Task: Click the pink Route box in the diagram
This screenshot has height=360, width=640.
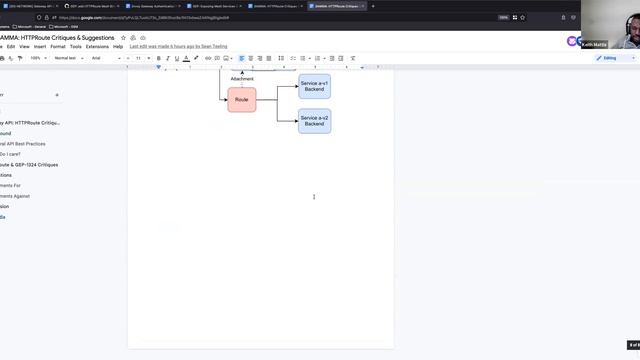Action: pyautogui.click(x=241, y=100)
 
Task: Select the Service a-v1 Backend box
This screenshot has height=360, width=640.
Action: pyautogui.click(x=314, y=87)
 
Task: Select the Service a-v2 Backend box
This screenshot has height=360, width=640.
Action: pyautogui.click(x=314, y=121)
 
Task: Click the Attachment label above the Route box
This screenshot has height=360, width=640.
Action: pyautogui.click(x=242, y=78)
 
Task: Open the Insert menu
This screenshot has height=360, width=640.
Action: pyautogui.click(x=40, y=46)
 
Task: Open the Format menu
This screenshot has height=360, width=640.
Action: pyautogui.click(x=58, y=46)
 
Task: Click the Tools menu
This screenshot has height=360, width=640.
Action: pyautogui.click(x=76, y=46)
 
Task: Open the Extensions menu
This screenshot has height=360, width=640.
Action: pyautogui.click(x=97, y=46)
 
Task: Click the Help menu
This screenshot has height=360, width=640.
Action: pyautogui.click(x=118, y=46)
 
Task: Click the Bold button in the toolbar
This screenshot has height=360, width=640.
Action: pyautogui.click(x=159, y=58)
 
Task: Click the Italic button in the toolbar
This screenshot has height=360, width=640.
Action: pyautogui.click(x=168, y=58)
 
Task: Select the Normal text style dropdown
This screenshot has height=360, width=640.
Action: pyautogui.click(x=68, y=58)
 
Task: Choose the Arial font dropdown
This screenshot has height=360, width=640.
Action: pyautogui.click(x=99, y=58)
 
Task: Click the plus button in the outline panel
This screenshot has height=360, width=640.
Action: pyautogui.click(x=57, y=95)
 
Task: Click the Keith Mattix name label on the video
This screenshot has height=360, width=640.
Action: pyautogui.click(x=594, y=45)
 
